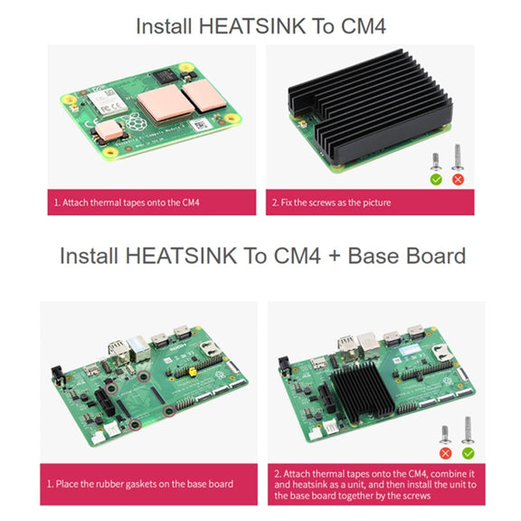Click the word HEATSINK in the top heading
click(251, 26)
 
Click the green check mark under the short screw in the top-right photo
click(436, 180)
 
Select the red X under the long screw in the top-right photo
click(458, 180)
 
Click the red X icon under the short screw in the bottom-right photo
click(445, 453)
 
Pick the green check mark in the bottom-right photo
click(468, 453)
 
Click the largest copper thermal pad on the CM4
click(166, 102)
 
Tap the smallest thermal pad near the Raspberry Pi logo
click(109, 130)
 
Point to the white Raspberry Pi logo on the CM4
click(136, 121)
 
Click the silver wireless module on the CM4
click(108, 100)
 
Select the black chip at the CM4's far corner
click(164, 76)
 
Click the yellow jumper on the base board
click(192, 372)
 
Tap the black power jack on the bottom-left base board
click(57, 374)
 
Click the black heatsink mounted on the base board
click(363, 391)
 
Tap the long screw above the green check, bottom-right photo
click(468, 431)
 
